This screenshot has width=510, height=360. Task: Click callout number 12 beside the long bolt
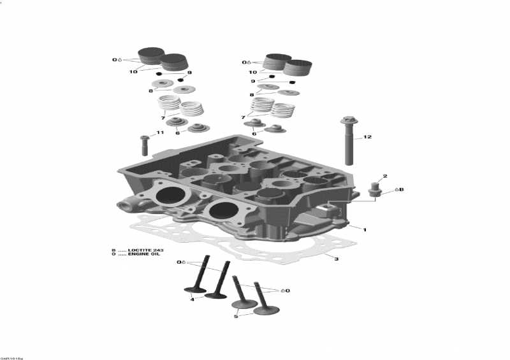point(367,137)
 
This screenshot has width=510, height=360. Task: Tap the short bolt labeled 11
point(144,145)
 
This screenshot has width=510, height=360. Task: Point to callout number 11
point(160,133)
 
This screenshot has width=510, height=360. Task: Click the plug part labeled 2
point(375,190)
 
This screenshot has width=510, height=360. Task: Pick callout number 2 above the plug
point(384,176)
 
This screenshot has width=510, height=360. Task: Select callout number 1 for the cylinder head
point(365,229)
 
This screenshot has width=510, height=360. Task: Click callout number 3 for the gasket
point(337,259)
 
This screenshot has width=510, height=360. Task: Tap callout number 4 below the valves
point(192,299)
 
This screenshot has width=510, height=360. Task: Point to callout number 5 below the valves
point(235,316)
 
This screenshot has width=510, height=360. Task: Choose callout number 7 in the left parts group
point(163,118)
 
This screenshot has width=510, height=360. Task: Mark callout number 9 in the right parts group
point(253,82)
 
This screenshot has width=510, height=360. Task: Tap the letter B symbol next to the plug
point(402,189)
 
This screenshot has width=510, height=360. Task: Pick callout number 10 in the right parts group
point(253,73)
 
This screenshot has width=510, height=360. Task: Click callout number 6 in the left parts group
point(178,133)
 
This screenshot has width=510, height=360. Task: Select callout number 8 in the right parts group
point(252,94)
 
